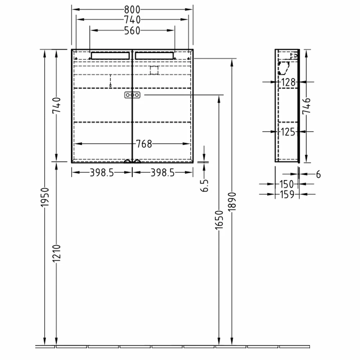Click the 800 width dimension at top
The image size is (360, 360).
(132, 9)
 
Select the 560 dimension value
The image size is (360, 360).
(132, 31)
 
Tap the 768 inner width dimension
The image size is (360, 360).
(144, 144)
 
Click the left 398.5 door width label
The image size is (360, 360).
(102, 173)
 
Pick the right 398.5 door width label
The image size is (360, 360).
(162, 173)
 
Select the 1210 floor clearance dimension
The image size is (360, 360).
(56, 255)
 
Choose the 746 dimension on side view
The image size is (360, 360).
(306, 106)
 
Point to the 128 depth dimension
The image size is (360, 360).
(288, 82)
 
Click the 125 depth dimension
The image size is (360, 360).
(288, 132)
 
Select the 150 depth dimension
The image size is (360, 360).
(287, 184)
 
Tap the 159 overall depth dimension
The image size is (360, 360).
(287, 194)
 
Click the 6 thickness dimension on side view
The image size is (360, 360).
(318, 175)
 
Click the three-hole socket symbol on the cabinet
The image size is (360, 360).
(132, 95)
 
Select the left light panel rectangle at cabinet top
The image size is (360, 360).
(110, 55)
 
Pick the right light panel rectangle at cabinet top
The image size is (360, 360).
(154, 55)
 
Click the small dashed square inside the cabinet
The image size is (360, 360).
(154, 71)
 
